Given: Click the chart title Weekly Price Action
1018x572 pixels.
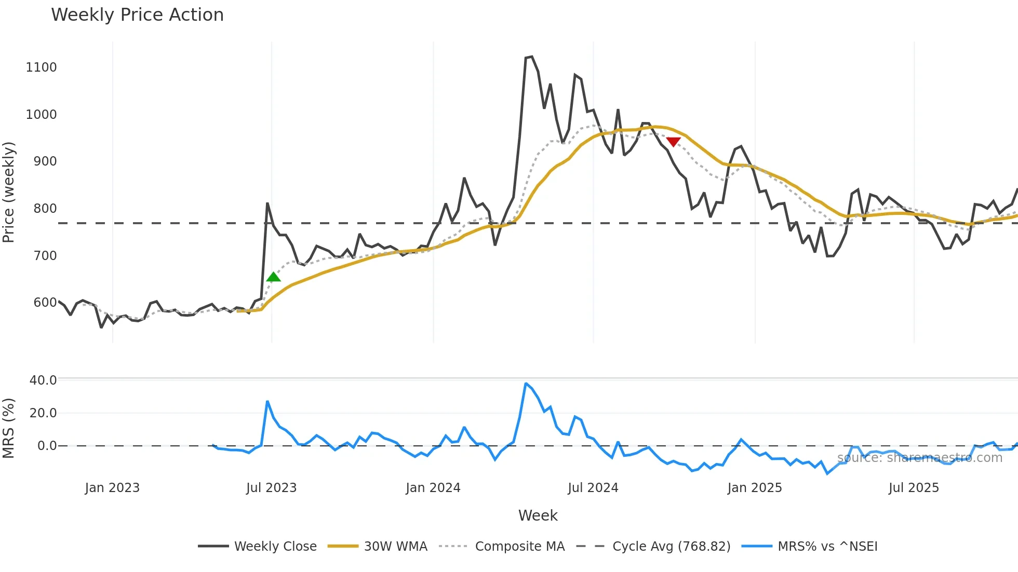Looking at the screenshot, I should [137, 15].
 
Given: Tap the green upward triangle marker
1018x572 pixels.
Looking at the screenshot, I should [273, 277].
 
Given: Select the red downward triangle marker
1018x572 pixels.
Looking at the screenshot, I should [673, 142].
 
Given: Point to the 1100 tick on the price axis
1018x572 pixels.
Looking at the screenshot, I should [41, 67].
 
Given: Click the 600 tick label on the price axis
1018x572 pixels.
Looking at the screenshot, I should [45, 303].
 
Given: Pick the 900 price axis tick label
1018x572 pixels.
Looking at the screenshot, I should [45, 161].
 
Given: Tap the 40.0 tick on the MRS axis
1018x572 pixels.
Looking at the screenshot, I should [43, 380].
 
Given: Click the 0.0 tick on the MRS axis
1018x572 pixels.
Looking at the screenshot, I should [47, 446].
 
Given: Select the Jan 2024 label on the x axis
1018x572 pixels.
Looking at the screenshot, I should [433, 488].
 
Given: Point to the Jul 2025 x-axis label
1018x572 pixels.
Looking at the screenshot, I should [914, 488].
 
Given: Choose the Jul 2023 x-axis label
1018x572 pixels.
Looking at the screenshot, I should [271, 488].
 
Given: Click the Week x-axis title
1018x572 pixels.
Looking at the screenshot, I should [538, 515].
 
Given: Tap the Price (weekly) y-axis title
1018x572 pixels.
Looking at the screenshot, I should [9, 192].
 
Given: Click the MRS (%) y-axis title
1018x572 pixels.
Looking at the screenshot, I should [9, 428].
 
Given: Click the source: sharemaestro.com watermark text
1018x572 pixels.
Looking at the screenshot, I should [919, 458].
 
